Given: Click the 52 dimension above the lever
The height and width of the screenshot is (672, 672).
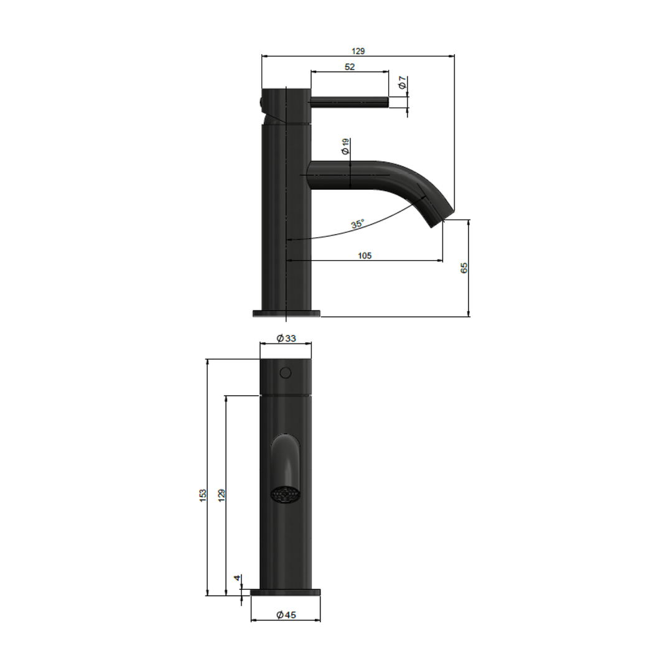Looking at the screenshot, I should (x=349, y=67).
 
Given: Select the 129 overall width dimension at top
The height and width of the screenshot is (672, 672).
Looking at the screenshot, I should (x=358, y=52).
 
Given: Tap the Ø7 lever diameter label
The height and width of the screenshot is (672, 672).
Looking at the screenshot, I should (x=403, y=82).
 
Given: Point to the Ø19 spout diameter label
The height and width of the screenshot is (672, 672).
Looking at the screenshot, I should (x=345, y=147).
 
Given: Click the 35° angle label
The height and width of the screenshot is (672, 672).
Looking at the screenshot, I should (x=357, y=225).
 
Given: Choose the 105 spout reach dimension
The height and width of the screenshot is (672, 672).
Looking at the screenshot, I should (x=365, y=256).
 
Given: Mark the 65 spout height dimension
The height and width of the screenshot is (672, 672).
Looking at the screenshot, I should (x=464, y=268).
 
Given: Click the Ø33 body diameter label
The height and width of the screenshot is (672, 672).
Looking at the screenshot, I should (x=286, y=338).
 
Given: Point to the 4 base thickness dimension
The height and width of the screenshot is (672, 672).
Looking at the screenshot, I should (x=237, y=578).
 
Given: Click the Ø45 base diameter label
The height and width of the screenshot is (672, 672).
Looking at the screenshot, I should (x=286, y=615).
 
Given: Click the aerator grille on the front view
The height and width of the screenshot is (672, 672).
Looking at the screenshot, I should (x=286, y=495).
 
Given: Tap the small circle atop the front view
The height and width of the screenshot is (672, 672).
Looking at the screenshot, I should (x=286, y=373).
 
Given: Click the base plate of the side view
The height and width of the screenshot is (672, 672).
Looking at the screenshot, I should (x=286, y=313).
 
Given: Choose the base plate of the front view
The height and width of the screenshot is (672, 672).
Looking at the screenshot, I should (x=286, y=592).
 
